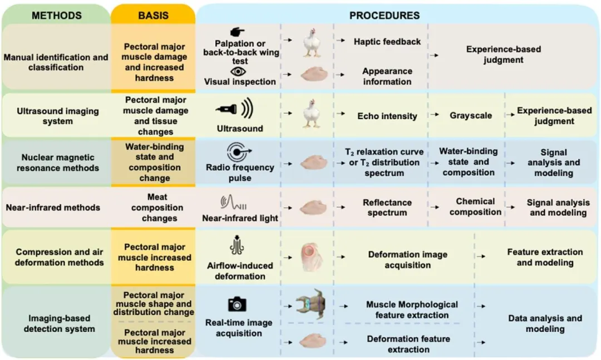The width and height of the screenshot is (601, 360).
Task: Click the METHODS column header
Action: [x=56, y=15]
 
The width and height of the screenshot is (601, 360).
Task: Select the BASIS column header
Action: [x=153, y=15]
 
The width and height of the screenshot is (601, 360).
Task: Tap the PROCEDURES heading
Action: [x=385, y=15]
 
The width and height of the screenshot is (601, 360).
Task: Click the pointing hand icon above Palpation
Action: [x=238, y=32]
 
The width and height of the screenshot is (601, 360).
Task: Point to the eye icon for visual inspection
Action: [x=238, y=71]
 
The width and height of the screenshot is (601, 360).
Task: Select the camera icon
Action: [x=237, y=304]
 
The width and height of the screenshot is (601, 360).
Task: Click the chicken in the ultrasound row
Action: [x=312, y=114]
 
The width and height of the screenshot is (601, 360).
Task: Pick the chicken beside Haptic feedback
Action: [x=312, y=43]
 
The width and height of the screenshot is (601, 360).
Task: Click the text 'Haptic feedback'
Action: [x=387, y=42]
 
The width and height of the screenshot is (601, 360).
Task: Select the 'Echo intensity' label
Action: [x=387, y=116]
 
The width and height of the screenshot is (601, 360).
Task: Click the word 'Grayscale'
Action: [x=471, y=116]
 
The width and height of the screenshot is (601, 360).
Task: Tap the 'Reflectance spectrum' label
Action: [x=387, y=208]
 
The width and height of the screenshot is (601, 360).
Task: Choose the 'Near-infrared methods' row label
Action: [x=53, y=208]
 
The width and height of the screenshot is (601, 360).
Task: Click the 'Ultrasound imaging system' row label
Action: [x=57, y=116]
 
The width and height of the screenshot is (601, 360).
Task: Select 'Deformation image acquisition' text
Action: [x=407, y=260]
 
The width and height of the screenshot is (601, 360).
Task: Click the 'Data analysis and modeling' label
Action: [x=545, y=323]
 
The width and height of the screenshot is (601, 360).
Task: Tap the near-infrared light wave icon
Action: [x=233, y=202]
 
